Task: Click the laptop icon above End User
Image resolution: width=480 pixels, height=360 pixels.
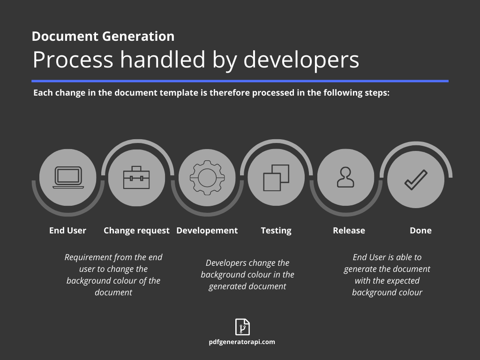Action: click(x=68, y=177)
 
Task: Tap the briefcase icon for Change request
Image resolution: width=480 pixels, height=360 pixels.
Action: click(x=136, y=178)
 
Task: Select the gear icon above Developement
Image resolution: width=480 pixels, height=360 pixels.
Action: click(x=207, y=178)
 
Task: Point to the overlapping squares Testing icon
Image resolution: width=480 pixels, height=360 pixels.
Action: click(x=276, y=178)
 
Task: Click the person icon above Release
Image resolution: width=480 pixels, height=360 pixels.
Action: click(x=345, y=178)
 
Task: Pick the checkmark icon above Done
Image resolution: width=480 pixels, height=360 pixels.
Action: click(x=416, y=180)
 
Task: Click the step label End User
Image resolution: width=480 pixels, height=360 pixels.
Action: click(x=67, y=230)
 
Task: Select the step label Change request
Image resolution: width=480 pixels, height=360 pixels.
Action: click(x=136, y=230)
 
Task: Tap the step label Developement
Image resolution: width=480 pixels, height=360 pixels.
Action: click(x=207, y=230)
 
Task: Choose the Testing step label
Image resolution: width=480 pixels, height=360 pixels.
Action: click(x=276, y=230)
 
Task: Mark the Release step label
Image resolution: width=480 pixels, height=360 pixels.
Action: click(x=349, y=230)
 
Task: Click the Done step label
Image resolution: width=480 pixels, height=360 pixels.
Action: click(x=420, y=230)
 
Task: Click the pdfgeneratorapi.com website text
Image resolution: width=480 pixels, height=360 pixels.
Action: click(x=242, y=342)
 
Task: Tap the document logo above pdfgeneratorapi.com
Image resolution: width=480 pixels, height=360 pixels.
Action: click(x=242, y=327)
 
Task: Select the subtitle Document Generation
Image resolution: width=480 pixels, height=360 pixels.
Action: click(x=103, y=36)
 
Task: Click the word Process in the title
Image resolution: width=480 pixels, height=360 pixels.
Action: click(x=73, y=60)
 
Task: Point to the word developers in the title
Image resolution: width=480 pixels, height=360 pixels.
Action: click(x=301, y=60)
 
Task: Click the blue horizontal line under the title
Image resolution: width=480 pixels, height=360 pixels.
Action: click(x=240, y=81)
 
